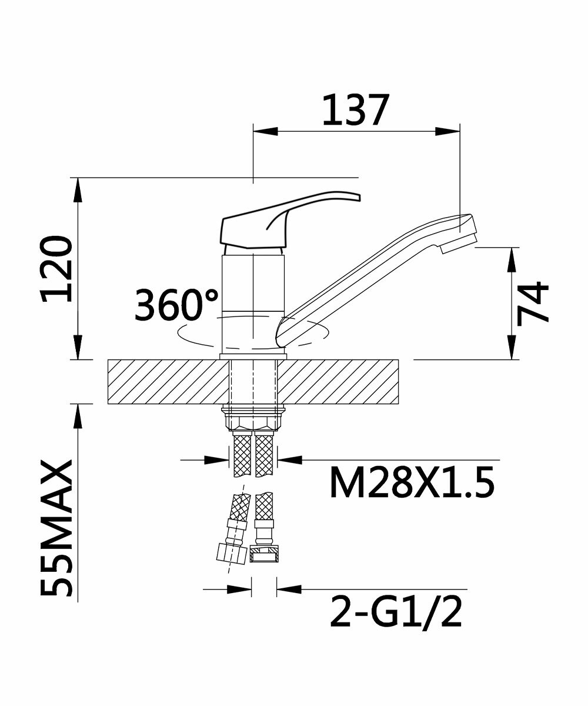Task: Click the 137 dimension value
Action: [x=355, y=109]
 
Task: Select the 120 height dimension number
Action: [x=56, y=268]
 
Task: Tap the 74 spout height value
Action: [x=532, y=304]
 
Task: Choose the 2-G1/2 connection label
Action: [x=396, y=611]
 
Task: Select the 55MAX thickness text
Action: [x=56, y=528]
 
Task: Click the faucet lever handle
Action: [x=290, y=221]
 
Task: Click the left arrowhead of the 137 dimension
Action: [x=265, y=132]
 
